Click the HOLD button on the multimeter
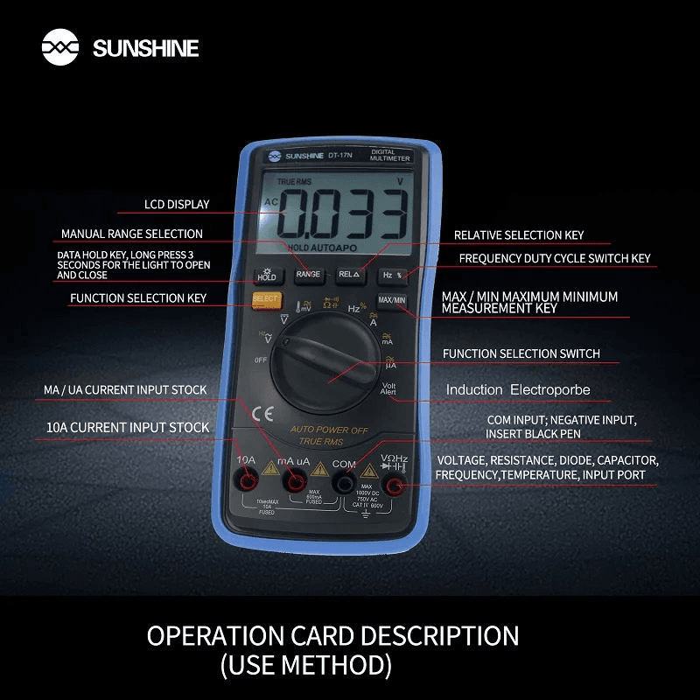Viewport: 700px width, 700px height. coord(266,275)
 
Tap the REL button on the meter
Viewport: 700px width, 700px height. coord(349,275)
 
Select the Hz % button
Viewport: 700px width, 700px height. coord(392,275)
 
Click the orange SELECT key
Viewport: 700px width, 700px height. coord(265,299)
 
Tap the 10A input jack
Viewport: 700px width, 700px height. coord(248,482)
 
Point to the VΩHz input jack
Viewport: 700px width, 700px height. coord(394,486)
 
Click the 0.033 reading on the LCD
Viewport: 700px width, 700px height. coord(344,214)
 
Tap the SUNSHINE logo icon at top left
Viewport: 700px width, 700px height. coord(60,47)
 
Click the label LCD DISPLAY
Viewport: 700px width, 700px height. coord(177,205)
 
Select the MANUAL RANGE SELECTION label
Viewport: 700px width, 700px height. coord(131,234)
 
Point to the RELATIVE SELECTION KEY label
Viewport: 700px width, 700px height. coord(518,235)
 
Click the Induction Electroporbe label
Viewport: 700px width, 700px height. coord(518,390)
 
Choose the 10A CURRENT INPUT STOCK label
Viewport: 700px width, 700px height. coord(127,428)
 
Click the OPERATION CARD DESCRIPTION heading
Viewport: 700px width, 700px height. coord(332,635)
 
